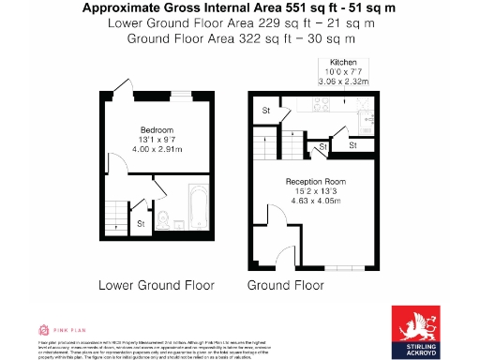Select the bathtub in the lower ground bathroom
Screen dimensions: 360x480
[200, 208]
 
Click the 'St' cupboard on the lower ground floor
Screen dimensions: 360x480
[141, 223]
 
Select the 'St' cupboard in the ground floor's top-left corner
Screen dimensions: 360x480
[266, 111]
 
